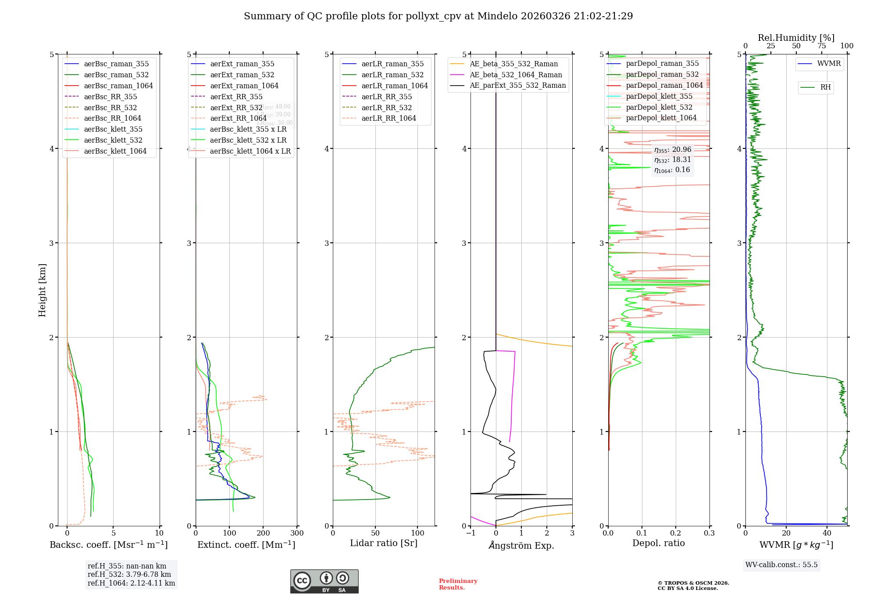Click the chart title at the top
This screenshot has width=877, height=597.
coord(438,16)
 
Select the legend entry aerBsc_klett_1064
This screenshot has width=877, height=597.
coord(115,151)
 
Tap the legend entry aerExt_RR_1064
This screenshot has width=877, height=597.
coord(238,118)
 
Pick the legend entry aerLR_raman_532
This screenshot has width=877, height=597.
coord(392,75)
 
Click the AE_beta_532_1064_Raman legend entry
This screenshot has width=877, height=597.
coord(516,75)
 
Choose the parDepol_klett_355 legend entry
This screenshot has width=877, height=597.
coord(659,96)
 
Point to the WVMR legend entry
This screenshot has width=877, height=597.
coord(829,64)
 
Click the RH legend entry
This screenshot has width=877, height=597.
coord(825,87)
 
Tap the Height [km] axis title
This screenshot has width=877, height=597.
coord(42,290)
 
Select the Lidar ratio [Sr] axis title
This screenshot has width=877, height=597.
coord(384,543)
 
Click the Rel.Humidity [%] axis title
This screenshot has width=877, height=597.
coord(796,38)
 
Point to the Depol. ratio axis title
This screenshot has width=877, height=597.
coord(658,543)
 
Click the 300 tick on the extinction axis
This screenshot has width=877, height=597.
coord(297,533)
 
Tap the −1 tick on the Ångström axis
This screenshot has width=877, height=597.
coord(471,533)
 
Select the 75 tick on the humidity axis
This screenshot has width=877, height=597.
coord(821,46)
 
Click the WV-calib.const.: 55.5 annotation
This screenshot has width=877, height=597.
coord(781,565)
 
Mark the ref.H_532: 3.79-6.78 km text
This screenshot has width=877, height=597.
coord(129,574)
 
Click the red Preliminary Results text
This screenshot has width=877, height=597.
coord(458,584)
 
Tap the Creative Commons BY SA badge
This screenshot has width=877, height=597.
coord(324,582)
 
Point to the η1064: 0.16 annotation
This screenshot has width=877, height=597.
coord(672,170)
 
